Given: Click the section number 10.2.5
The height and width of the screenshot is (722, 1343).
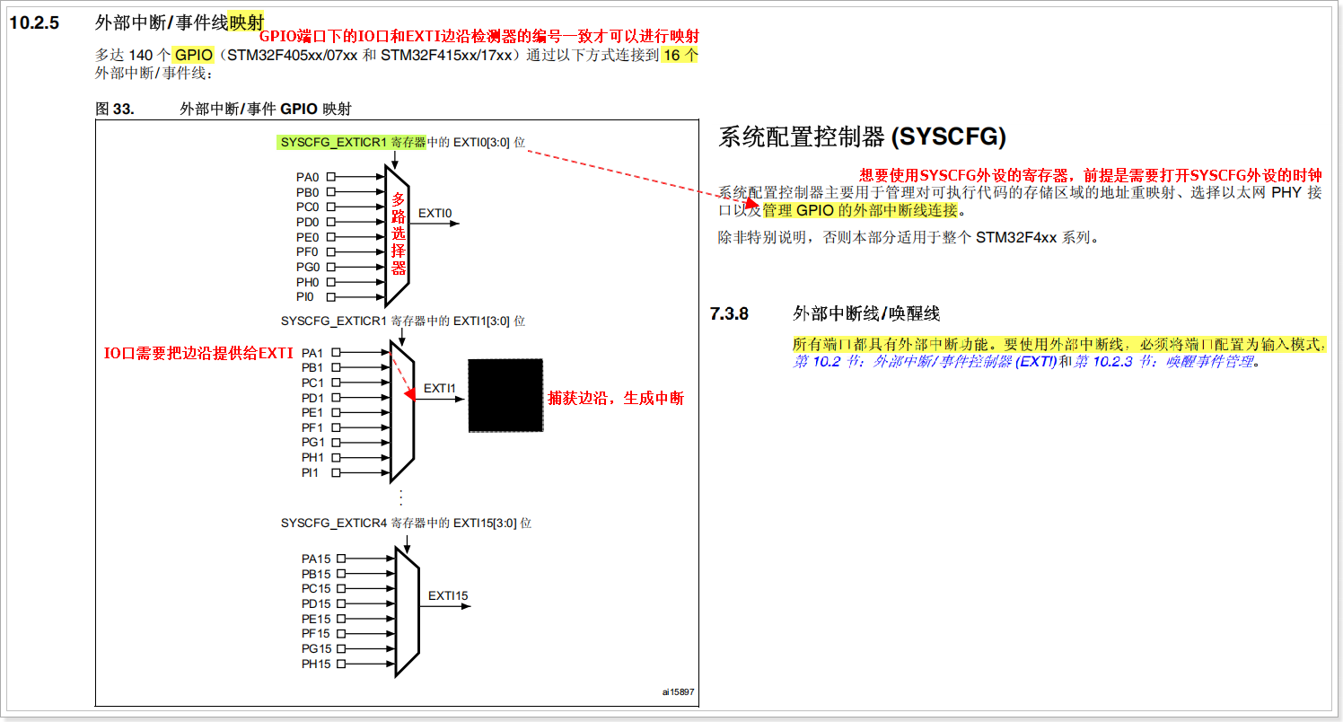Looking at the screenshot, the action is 34,23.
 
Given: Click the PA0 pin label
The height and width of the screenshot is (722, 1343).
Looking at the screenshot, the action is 308,177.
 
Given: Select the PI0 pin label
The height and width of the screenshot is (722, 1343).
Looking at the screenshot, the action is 306,296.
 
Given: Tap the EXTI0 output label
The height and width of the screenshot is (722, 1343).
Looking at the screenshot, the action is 435,214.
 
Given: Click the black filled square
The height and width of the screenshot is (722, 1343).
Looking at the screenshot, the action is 505,395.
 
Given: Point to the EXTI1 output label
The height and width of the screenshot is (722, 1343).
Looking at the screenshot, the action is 440,388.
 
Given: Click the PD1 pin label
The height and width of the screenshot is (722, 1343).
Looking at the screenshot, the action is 312,398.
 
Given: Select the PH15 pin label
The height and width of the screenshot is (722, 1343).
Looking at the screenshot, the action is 316,664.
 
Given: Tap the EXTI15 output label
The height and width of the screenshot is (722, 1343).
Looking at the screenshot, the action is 448,595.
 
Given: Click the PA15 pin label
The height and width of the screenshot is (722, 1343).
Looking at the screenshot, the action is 316,559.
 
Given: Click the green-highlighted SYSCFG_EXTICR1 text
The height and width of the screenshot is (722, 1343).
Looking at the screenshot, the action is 333,142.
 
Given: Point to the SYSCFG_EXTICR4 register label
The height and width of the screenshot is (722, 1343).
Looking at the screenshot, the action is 333,523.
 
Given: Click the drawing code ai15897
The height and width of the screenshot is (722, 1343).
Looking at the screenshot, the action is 679,691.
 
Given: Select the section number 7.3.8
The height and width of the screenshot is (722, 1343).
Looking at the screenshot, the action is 729,313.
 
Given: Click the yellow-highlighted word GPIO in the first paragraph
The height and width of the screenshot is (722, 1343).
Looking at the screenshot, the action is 194,55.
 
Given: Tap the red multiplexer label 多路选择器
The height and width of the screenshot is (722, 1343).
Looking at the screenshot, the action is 399,233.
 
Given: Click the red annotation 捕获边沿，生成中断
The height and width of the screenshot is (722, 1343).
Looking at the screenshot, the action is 616,398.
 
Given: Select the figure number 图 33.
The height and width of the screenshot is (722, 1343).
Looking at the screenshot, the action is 115,109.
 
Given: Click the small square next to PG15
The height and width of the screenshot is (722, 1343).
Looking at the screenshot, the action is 341,648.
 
